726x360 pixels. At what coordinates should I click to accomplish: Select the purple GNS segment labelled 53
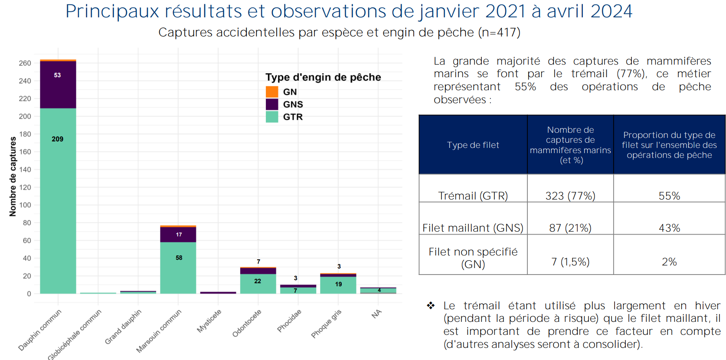coord(58,85)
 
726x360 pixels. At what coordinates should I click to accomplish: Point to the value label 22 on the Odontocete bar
coord(258,281)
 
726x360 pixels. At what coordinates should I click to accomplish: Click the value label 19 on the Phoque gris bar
coord(338,284)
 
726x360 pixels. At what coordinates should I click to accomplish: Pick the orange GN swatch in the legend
coord(272,92)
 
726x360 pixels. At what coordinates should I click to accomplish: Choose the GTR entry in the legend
coord(293,117)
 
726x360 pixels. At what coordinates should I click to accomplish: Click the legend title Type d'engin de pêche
coord(323,77)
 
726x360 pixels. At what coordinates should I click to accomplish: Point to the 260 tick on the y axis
coord(25,63)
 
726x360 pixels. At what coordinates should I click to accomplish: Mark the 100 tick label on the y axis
coord(25,205)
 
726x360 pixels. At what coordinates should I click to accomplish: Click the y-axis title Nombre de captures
coord(13,177)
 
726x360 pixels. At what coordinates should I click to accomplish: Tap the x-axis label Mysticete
coord(209,321)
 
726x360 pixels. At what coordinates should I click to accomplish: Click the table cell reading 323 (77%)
coord(570,196)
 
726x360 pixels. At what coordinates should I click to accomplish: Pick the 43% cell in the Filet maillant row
coord(669,228)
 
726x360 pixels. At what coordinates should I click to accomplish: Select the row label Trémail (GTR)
coord(473,196)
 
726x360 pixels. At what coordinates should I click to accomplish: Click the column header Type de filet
coord(473,145)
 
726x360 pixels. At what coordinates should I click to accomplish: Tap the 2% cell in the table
coord(669,262)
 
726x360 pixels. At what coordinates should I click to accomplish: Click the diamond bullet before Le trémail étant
coord(431,306)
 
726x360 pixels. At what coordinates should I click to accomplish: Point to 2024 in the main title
coord(611,11)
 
